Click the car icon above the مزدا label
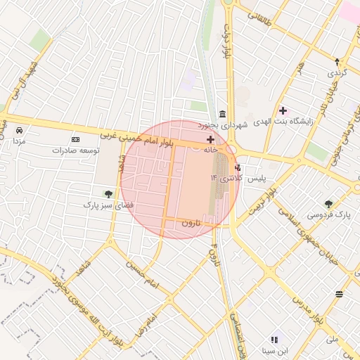[19, 131]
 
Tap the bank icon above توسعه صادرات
[76, 140]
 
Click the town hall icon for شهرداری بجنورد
[222, 115]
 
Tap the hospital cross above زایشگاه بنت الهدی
[283, 111]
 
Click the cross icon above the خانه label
[210, 141]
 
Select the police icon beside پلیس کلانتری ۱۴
[238, 168]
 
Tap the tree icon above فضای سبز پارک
[108, 194]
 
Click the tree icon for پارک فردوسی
[328, 204]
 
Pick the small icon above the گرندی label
[337, 62]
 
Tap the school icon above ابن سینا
[274, 340]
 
